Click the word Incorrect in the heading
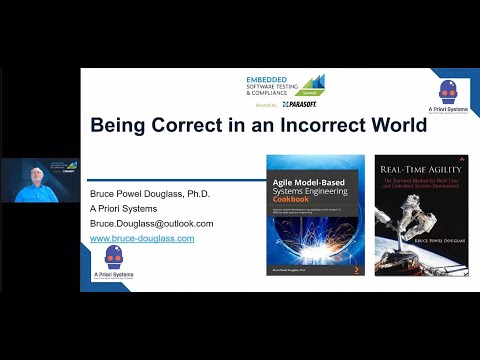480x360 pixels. [x=302, y=127]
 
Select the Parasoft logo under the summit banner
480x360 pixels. [x=300, y=104]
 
